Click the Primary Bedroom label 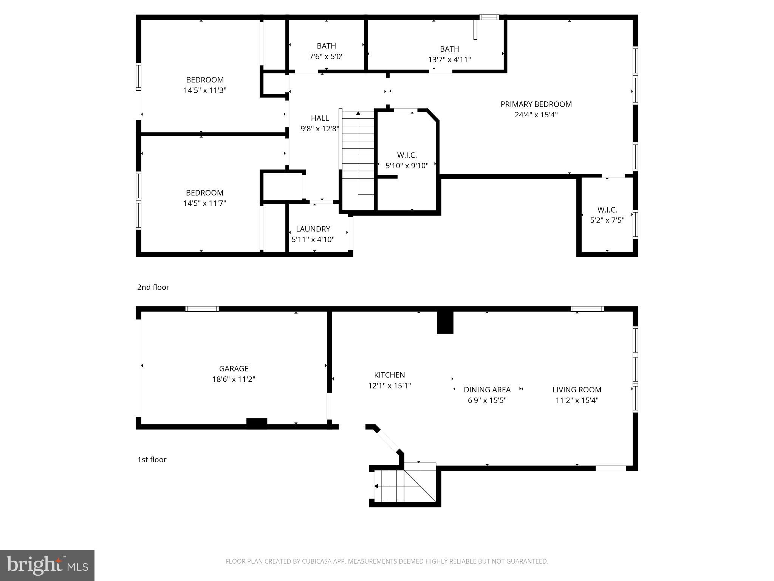point(536,104)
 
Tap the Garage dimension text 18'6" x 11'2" point(234,379)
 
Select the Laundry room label point(313,229)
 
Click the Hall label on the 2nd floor point(320,118)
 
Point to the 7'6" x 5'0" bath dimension point(326,57)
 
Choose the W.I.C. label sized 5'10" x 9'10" point(407,155)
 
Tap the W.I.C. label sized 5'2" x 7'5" point(607,210)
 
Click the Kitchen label point(389,375)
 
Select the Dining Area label point(487,390)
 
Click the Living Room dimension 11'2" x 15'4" point(577,400)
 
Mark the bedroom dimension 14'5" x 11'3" point(205,90)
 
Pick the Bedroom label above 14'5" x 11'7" point(204,193)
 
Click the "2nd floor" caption point(153,287)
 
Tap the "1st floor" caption point(152,460)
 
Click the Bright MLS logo point(47,565)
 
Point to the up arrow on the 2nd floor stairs point(358,113)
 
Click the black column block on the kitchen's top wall point(445,322)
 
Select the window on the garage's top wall point(202,309)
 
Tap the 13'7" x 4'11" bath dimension point(449,59)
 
